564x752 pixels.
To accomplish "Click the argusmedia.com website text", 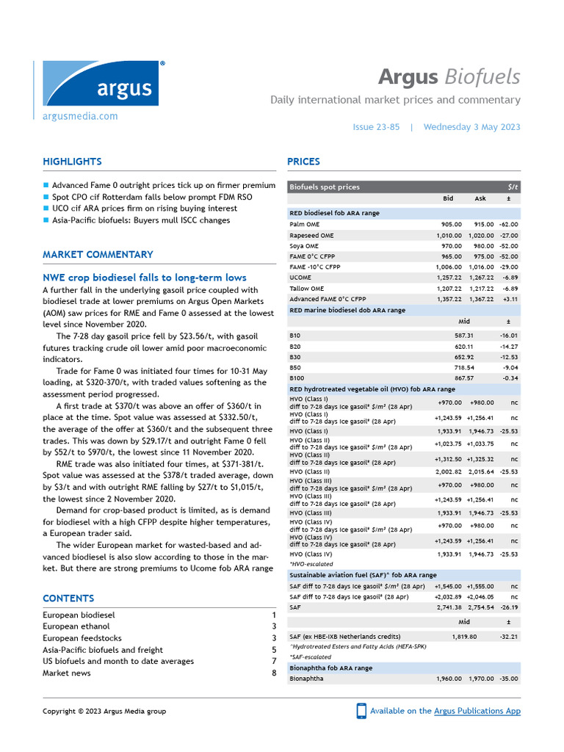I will tap(80, 116).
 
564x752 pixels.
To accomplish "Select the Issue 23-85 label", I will tap(376, 127).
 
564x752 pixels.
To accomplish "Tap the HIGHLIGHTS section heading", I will tap(72, 162).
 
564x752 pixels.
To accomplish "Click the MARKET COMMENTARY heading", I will tap(98, 255).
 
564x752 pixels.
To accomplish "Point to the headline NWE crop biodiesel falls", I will tap(145, 278).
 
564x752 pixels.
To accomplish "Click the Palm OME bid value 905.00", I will tap(451, 224).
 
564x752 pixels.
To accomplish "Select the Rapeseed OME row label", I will tap(311, 235).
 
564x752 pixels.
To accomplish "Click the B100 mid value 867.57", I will tap(464, 378).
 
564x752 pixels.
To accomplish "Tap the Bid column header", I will tap(449, 198).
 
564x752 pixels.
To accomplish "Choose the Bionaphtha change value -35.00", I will tap(507, 679).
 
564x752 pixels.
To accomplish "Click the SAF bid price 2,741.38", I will tap(448, 608).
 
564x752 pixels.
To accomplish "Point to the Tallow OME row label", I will tap(307, 289).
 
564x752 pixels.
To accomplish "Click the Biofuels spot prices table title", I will tap(325, 187).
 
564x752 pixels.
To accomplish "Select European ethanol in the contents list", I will tap(76, 626).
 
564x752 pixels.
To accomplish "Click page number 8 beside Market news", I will tap(274, 673).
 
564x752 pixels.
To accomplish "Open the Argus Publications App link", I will tap(477, 711).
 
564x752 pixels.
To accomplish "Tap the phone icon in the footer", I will tap(361, 711).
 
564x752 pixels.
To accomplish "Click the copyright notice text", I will tap(104, 711).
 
